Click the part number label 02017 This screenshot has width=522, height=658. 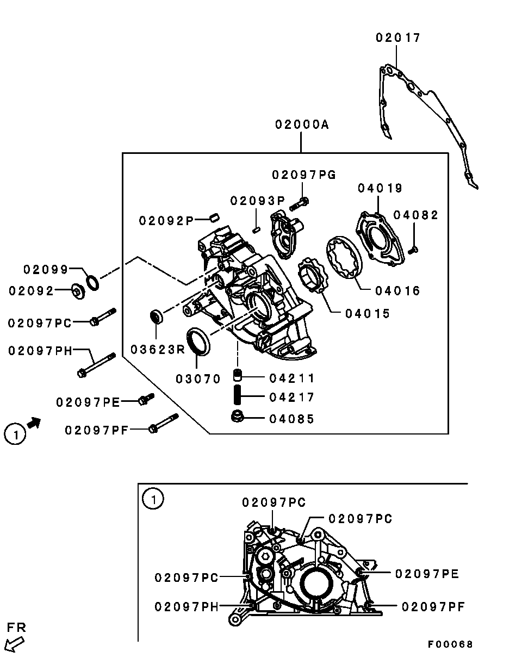(398, 38)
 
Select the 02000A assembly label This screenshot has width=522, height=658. (302, 125)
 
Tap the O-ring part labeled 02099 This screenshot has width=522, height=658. (92, 283)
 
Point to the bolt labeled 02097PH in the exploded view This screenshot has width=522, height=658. (97, 365)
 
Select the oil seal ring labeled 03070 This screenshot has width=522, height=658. (198, 342)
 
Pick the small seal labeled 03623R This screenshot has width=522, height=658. (157, 316)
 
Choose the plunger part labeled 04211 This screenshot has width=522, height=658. (238, 375)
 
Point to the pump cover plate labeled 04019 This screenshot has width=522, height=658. (381, 239)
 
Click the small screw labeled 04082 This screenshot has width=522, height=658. (413, 250)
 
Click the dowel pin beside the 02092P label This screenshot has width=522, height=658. (215, 218)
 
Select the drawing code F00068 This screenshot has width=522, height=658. (450, 644)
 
